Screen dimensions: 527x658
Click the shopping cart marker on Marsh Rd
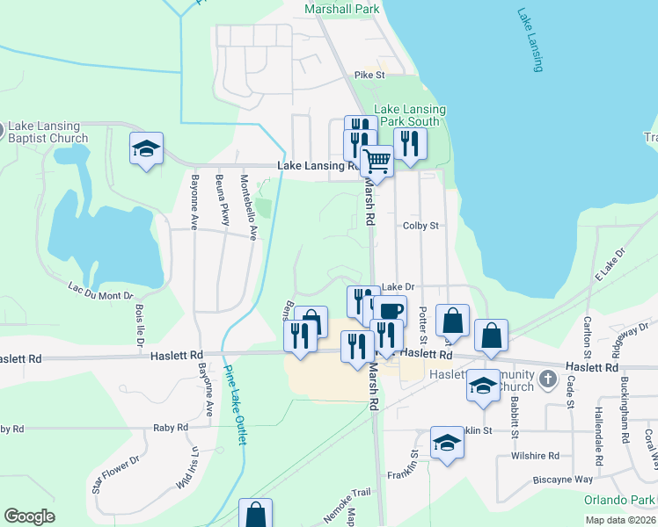pos(377,162)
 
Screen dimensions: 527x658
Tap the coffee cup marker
pos(391,311)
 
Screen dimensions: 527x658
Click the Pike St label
pos(370,76)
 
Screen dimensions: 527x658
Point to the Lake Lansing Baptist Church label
pos(45,133)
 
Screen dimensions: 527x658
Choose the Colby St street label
pos(420,226)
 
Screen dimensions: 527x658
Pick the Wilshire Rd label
pos(536,456)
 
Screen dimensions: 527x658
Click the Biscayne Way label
pos(564,480)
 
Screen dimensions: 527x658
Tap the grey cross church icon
pos(548,379)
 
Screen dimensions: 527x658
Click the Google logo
pos(29,516)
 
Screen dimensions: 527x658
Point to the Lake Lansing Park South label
pos(411,115)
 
